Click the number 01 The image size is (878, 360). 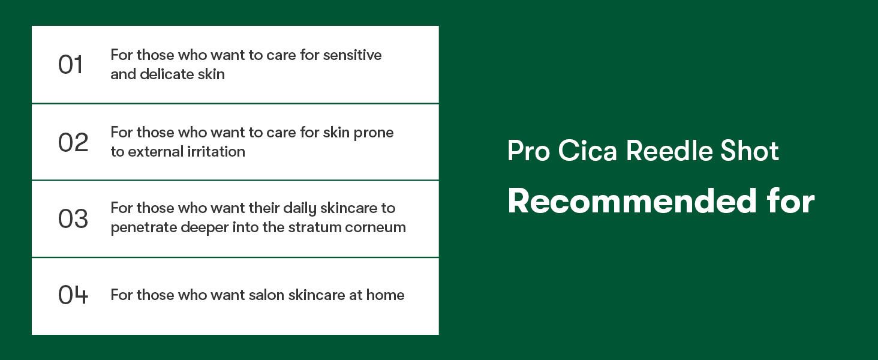coord(70,65)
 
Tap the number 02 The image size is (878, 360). coord(73,142)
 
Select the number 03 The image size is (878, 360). coord(73,218)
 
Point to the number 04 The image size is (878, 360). coord(73,295)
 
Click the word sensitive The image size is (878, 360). coord(352,55)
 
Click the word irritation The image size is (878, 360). coord(216,151)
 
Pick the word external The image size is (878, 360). coord(155,151)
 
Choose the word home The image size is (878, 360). coord(385,295)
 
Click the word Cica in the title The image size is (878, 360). coord(587,151)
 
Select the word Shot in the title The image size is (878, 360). coord(750,151)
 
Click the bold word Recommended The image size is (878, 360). coord(632,201)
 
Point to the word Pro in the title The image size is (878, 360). coord(528,151)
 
